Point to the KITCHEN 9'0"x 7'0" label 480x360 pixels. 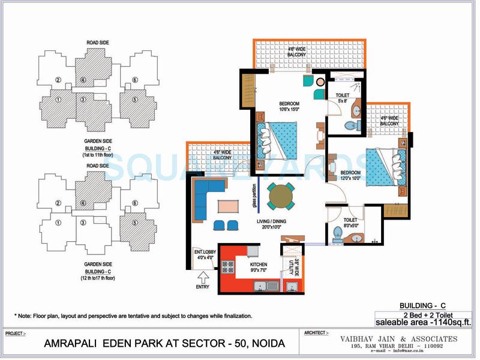[x=259, y=267]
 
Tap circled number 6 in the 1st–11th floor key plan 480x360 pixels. [x=135, y=80]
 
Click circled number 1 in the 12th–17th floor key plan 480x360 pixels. [x=58, y=223]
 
